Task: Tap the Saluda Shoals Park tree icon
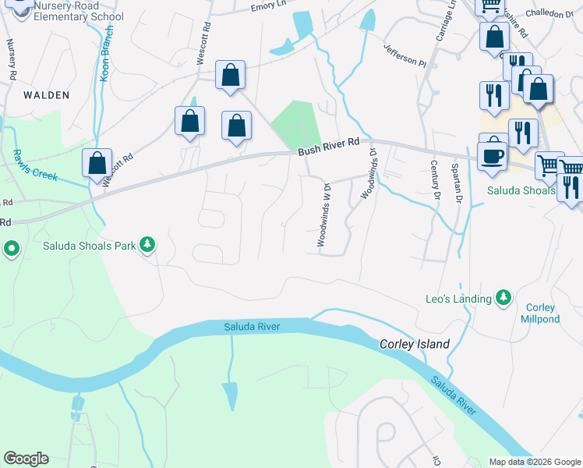[x=147, y=246]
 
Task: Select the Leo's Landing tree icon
[x=503, y=299]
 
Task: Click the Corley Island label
[x=415, y=344]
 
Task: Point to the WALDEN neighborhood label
[x=46, y=95]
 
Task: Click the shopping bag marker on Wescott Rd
[x=97, y=165]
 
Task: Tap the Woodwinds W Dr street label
[x=324, y=214]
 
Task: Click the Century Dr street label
[x=434, y=179]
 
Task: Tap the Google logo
[x=26, y=459]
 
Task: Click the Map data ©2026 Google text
[x=534, y=461]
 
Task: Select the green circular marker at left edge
[x=11, y=250]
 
